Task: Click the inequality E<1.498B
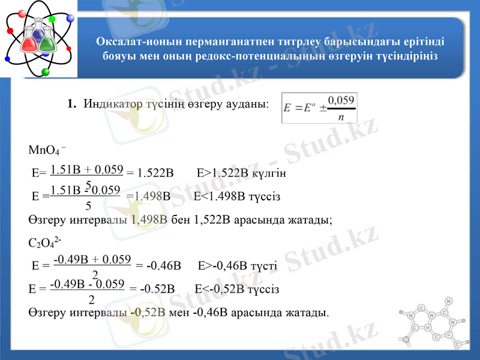219,196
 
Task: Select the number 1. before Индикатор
71,104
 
